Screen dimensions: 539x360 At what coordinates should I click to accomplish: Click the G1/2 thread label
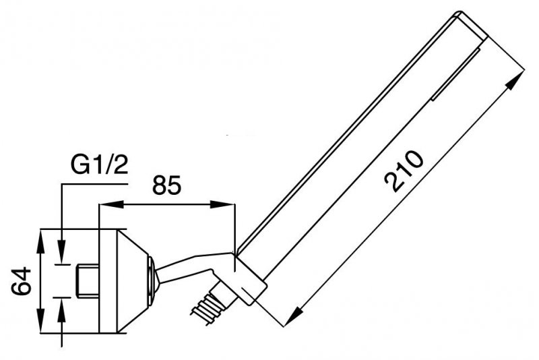pyautogui.click(x=99, y=166)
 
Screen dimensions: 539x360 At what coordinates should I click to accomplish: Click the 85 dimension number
pyautogui.click(x=166, y=185)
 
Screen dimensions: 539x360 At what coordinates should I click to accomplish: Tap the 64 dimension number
pyautogui.click(x=22, y=281)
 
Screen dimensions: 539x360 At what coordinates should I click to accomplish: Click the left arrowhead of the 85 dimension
pyautogui.click(x=110, y=204)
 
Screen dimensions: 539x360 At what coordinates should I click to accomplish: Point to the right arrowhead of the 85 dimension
pyautogui.click(x=222, y=204)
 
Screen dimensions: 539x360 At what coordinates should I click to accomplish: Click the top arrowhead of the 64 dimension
pyautogui.click(x=40, y=241)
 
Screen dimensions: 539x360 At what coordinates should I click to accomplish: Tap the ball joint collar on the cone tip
pyautogui.click(x=153, y=280)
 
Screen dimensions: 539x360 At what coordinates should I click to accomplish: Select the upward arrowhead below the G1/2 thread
pyautogui.click(x=61, y=310)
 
